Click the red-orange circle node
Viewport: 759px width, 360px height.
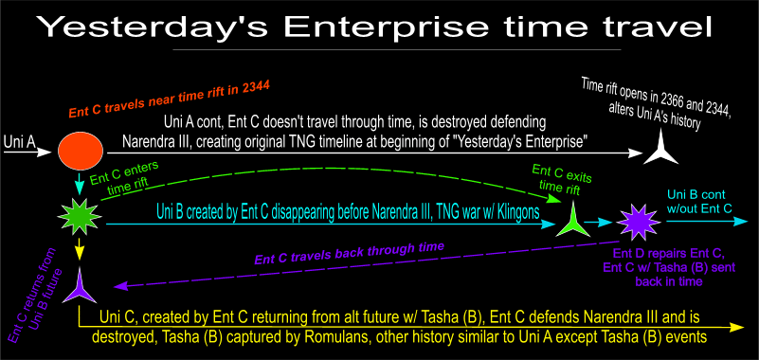click(81, 151)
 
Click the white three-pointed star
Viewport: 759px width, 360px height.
click(660, 150)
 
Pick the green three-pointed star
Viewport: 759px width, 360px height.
click(572, 220)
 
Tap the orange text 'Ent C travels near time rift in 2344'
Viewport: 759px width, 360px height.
click(169, 100)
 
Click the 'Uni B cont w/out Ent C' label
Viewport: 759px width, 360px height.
click(699, 201)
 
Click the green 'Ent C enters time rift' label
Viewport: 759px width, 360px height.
click(125, 179)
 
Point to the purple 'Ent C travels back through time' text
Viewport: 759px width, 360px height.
click(349, 254)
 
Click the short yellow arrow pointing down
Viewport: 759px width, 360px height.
click(80, 249)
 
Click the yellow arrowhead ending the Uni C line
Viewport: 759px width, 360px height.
click(737, 327)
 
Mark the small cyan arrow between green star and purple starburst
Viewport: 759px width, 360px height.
click(599, 223)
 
